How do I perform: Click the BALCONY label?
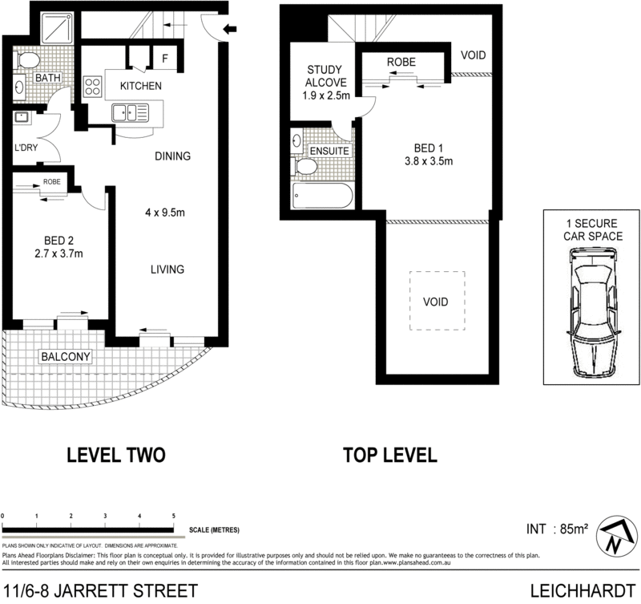coord(67,356)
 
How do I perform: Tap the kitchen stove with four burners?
coord(93,86)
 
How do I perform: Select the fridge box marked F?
coord(164,59)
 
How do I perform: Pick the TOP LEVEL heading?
coord(389,456)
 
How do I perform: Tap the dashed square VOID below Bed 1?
coord(437,302)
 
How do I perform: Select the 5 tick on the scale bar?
coord(174,517)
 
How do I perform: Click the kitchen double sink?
coord(131,112)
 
